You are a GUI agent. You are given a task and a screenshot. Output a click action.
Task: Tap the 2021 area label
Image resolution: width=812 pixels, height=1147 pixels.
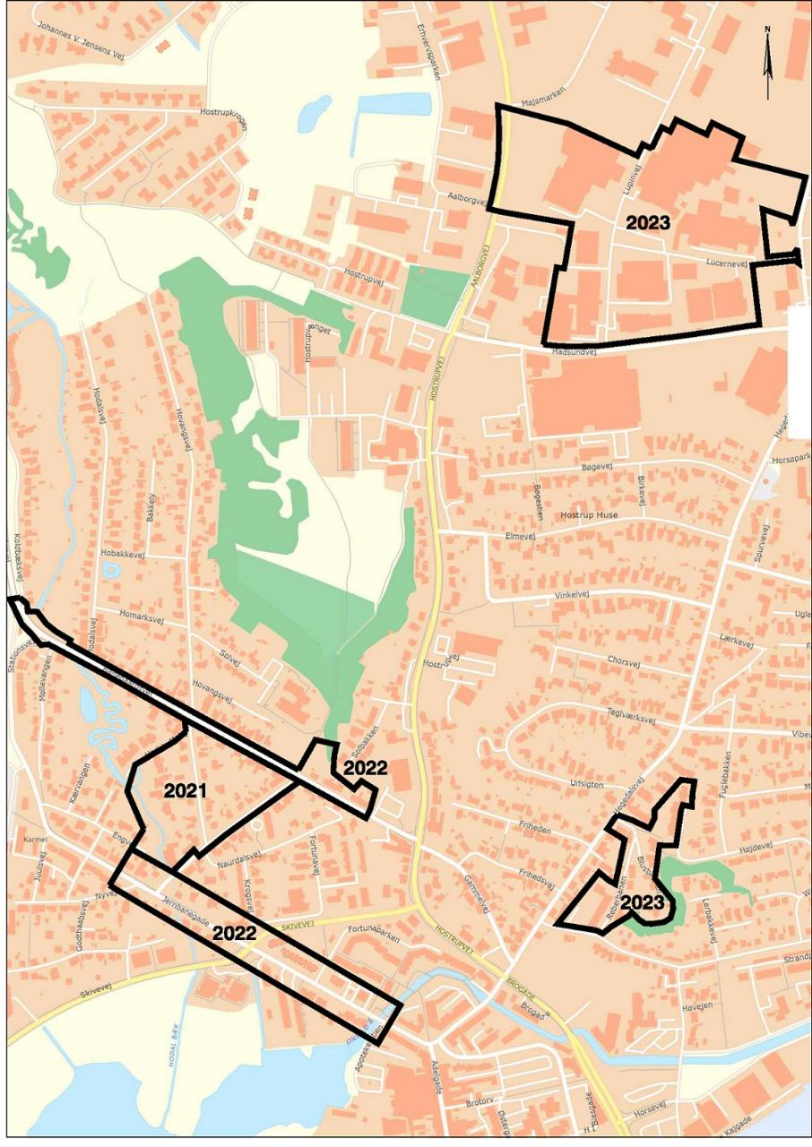point(186,790)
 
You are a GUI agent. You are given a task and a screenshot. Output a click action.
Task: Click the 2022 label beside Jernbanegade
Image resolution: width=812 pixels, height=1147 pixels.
point(235,933)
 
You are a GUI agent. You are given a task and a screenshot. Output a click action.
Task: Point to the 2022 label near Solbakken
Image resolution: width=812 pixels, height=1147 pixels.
point(365,768)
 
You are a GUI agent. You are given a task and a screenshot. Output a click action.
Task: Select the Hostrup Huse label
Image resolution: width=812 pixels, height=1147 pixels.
point(589,515)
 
